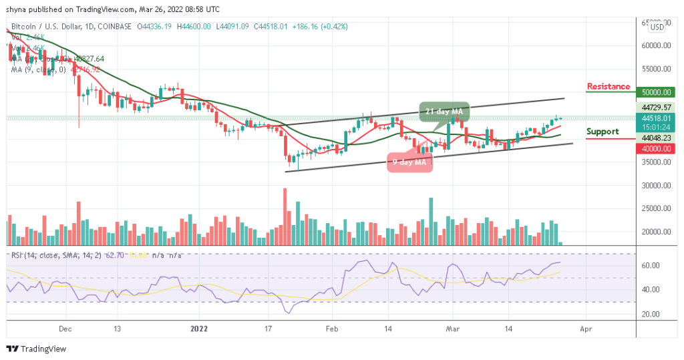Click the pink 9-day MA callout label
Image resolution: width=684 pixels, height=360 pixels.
click(409, 162)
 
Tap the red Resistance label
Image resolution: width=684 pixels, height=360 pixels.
click(608, 87)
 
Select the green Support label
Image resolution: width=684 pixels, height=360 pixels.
click(603, 132)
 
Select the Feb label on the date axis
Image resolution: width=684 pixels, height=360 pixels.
click(331, 329)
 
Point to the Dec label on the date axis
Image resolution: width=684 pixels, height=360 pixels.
click(65, 329)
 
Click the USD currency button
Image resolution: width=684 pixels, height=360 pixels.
click(657, 27)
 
